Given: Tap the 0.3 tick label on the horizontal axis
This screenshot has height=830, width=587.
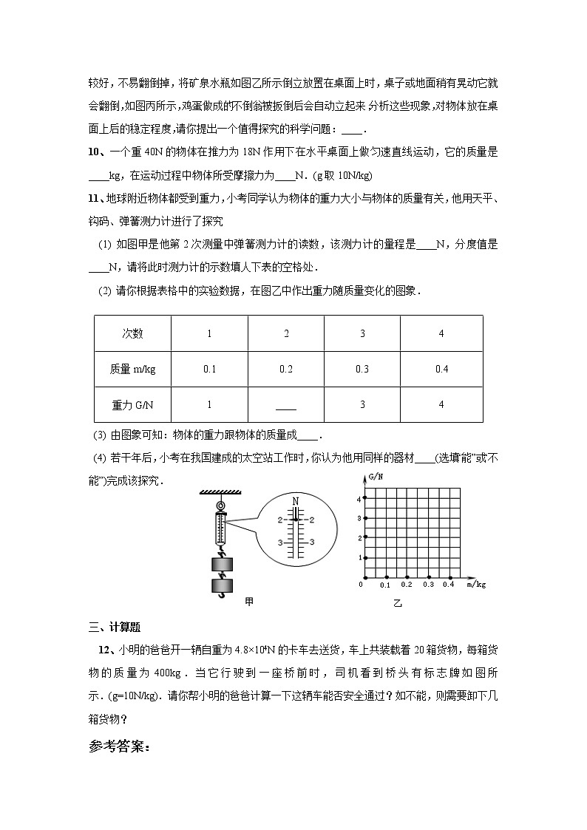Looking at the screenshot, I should pyautogui.click(x=428, y=585).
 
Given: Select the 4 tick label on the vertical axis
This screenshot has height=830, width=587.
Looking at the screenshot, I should pyautogui.click(x=359, y=500).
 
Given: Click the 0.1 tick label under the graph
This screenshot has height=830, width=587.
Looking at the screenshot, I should pyautogui.click(x=385, y=585).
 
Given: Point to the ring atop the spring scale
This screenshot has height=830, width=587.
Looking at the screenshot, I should pyautogui.click(x=220, y=506).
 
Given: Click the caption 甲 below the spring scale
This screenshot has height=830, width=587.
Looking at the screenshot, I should pyautogui.click(x=249, y=602).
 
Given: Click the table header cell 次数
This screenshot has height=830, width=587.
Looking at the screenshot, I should pyautogui.click(x=132, y=333).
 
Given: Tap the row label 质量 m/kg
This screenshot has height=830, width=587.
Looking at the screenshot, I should pyautogui.click(x=132, y=369).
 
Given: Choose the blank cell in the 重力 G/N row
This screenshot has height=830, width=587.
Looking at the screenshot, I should pyautogui.click(x=285, y=406).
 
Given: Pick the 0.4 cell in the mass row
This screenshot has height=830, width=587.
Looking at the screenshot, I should pyautogui.click(x=441, y=369).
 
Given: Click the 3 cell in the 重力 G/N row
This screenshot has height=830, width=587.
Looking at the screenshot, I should pyautogui.click(x=362, y=404).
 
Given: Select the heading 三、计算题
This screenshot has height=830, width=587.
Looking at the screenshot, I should pyautogui.click(x=114, y=627).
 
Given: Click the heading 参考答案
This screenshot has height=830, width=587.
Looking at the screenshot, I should pyautogui.click(x=120, y=747).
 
